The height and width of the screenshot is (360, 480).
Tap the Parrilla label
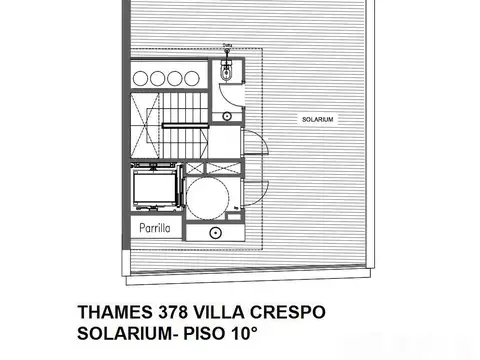point(154,229)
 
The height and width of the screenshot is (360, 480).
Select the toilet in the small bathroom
point(227,71)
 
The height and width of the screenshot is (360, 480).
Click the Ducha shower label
point(227,45)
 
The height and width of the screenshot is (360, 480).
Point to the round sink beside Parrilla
point(214,231)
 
